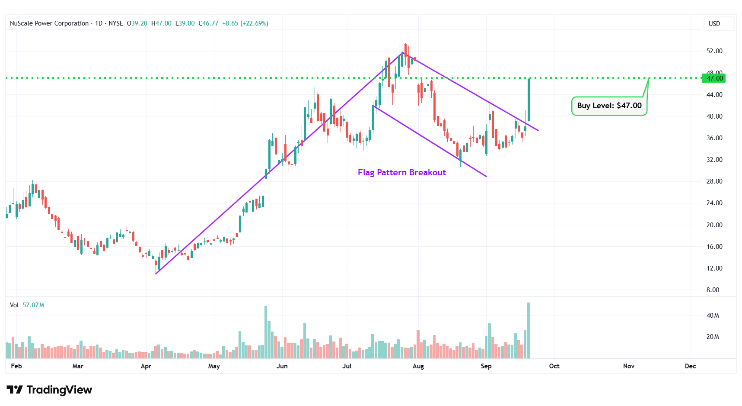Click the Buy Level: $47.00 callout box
(x=609, y=106)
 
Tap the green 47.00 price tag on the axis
(x=714, y=78)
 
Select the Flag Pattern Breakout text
(x=401, y=173)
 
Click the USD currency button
(x=714, y=24)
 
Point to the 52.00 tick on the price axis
(x=714, y=51)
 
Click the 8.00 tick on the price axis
(x=713, y=290)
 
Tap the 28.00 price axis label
(x=714, y=181)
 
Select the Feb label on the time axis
(x=16, y=366)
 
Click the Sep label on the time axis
(x=486, y=366)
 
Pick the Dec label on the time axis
(x=690, y=366)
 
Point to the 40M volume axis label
(x=713, y=316)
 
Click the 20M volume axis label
(x=713, y=337)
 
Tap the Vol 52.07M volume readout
(x=27, y=305)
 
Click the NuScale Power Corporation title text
(x=49, y=23)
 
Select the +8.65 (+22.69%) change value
(x=245, y=23)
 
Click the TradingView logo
(x=49, y=390)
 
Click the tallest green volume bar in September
(x=528, y=330)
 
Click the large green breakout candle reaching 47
(x=529, y=100)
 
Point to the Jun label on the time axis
(x=282, y=366)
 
